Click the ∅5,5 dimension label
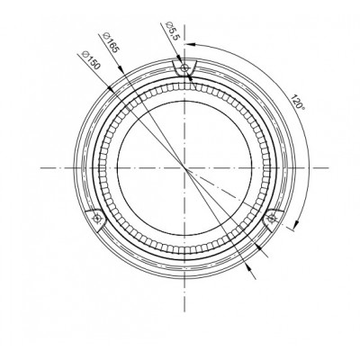pos(173,31)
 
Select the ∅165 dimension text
pos(111,42)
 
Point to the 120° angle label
pos(298,102)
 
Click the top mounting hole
pos(184,68)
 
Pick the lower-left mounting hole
pos(97,218)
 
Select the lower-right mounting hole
pos(272,218)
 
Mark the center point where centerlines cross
pos(184,168)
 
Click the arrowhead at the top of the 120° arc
pos(191,44)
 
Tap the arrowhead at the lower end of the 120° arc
pos(296,225)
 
